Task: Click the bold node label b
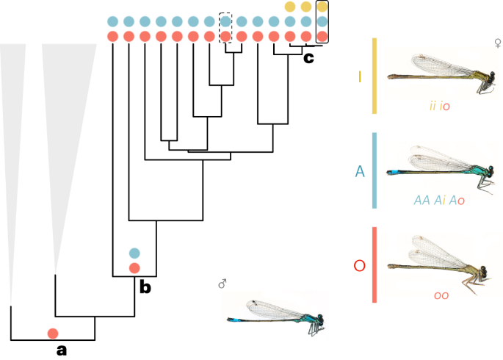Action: (145, 287)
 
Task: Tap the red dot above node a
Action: (53, 334)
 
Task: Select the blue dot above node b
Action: (134, 253)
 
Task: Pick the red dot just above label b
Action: (134, 268)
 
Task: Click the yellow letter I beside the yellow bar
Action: (359, 76)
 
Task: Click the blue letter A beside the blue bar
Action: (360, 171)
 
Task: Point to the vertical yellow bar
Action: (375, 76)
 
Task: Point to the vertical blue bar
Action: (375, 170)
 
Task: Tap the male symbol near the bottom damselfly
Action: (222, 284)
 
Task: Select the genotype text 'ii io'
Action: (440, 107)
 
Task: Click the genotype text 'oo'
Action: (441, 295)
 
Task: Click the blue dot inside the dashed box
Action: (225, 21)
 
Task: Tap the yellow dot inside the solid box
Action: (322, 7)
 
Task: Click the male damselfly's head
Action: (319, 321)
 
